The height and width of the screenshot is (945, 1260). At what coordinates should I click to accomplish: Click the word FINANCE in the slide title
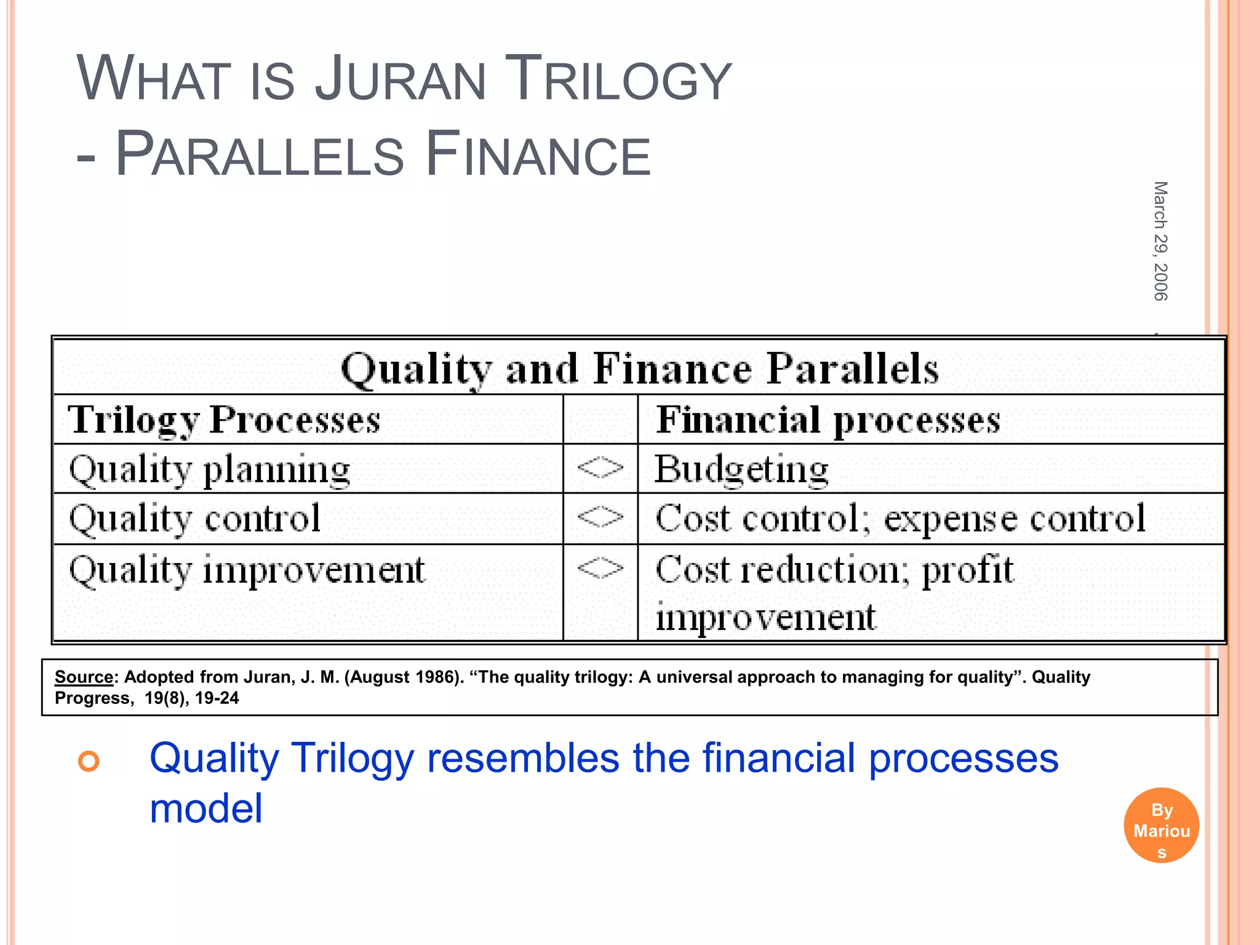coord(538,154)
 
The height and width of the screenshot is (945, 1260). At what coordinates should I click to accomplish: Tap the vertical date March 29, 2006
coord(1160,241)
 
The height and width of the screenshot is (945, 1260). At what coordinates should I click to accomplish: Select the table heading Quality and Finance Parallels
coord(639,369)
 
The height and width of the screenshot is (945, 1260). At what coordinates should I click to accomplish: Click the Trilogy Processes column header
coord(224,420)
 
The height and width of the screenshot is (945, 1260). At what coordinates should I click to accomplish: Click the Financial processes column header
coord(828,420)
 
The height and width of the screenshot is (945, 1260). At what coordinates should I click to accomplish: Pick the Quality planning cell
coord(209,470)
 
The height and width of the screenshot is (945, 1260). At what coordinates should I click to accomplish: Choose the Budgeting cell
coord(741,469)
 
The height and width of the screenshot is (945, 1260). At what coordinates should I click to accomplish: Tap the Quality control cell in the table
coord(194,519)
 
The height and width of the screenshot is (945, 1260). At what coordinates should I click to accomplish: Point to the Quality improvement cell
coord(247,570)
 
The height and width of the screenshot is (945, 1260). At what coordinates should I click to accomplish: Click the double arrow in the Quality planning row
coord(600,469)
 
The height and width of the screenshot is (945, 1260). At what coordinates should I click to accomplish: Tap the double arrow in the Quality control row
coord(600,517)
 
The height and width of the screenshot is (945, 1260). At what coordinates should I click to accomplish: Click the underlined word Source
coord(84,677)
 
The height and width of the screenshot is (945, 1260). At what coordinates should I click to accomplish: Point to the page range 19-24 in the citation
coord(217,698)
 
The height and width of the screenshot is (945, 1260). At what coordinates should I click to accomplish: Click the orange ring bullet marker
coord(89,762)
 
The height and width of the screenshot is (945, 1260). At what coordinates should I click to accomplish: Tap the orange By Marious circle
coord(1161,826)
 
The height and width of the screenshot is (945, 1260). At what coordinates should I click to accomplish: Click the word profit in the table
coord(967,570)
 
